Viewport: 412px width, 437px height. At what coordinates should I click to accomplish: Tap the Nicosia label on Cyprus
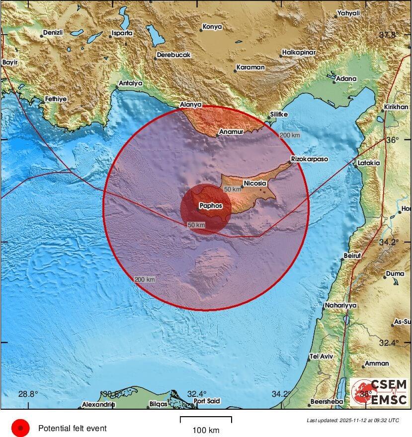click(x=256, y=183)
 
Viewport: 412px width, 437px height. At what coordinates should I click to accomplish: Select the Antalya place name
click(x=131, y=83)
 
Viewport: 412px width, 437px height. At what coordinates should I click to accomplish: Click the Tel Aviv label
click(x=321, y=356)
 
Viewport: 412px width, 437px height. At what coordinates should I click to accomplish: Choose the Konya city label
click(x=212, y=26)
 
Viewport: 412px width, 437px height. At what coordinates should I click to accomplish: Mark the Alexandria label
click(x=98, y=404)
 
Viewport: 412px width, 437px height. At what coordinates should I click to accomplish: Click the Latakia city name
click(x=368, y=163)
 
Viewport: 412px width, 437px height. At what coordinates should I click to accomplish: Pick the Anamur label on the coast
click(x=232, y=132)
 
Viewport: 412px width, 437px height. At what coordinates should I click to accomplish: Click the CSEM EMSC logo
click(x=379, y=391)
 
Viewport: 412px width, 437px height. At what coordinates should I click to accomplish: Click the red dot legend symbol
click(x=20, y=428)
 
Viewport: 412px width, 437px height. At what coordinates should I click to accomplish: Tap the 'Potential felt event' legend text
click(x=73, y=428)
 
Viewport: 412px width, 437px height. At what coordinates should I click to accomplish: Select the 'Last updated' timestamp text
click(x=353, y=420)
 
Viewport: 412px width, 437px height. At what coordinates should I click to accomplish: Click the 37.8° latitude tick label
click(x=389, y=35)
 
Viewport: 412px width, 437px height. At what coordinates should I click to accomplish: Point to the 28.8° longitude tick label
click(x=28, y=394)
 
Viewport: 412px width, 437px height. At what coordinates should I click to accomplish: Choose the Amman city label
click(x=377, y=364)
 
